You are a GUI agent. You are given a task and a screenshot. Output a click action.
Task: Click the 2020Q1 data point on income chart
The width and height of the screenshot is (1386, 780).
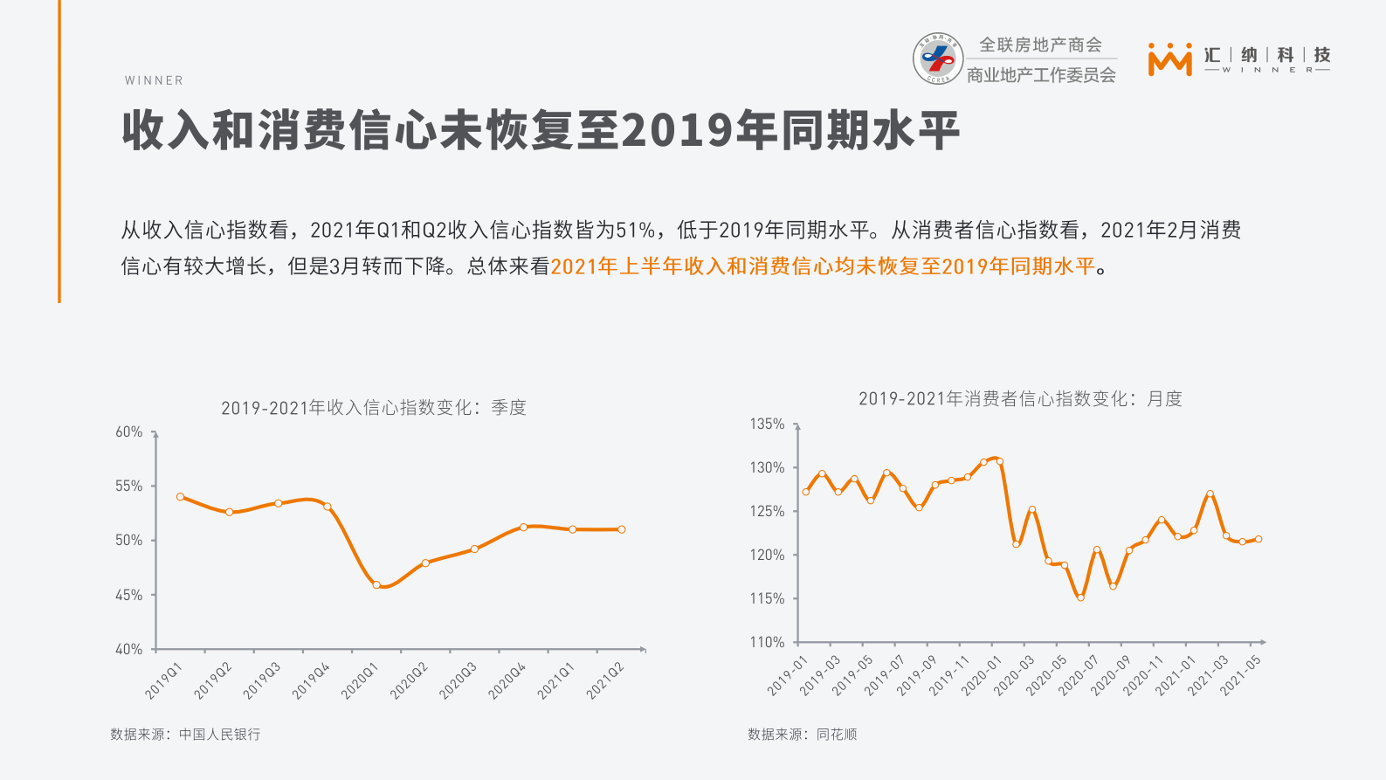click(376, 585)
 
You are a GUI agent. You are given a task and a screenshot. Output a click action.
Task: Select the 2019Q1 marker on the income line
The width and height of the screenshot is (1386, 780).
click(181, 497)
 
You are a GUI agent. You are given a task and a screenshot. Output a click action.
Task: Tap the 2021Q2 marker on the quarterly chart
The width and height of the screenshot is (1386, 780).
click(621, 529)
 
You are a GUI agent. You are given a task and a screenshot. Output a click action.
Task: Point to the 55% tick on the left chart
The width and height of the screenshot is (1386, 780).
click(128, 487)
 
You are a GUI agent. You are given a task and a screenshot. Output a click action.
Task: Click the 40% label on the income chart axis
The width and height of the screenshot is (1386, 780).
click(128, 649)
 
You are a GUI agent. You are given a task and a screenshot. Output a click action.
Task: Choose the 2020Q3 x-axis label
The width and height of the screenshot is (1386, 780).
click(459, 680)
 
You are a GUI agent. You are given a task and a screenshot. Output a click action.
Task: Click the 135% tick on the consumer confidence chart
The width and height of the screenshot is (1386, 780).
click(767, 424)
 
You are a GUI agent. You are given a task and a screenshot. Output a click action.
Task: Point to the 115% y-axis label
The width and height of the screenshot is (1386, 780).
click(767, 598)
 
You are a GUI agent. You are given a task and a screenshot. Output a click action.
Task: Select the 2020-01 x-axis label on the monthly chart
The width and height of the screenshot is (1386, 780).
click(981, 676)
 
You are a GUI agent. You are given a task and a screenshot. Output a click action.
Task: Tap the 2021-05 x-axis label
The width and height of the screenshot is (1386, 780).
click(1240, 676)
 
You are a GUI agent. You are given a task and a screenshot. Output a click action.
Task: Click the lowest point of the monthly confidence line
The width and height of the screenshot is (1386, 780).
click(1080, 597)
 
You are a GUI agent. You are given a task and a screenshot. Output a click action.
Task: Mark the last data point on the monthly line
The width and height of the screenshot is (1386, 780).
click(1258, 539)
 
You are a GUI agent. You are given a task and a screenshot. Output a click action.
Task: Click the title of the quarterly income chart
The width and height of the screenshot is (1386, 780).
click(373, 408)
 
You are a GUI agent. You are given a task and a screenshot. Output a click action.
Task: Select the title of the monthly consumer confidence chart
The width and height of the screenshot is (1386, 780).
click(1020, 399)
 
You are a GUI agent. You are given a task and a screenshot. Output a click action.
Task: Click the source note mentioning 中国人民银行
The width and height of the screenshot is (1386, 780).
click(185, 735)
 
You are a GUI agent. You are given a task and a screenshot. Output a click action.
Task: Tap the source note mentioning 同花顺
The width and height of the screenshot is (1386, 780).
click(802, 735)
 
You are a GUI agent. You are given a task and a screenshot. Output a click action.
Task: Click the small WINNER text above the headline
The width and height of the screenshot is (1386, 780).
click(154, 80)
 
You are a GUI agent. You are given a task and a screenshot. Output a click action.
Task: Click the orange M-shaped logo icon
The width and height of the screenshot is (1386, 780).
click(1169, 59)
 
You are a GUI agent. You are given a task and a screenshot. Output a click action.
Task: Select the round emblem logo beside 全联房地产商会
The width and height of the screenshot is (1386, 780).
click(938, 59)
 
